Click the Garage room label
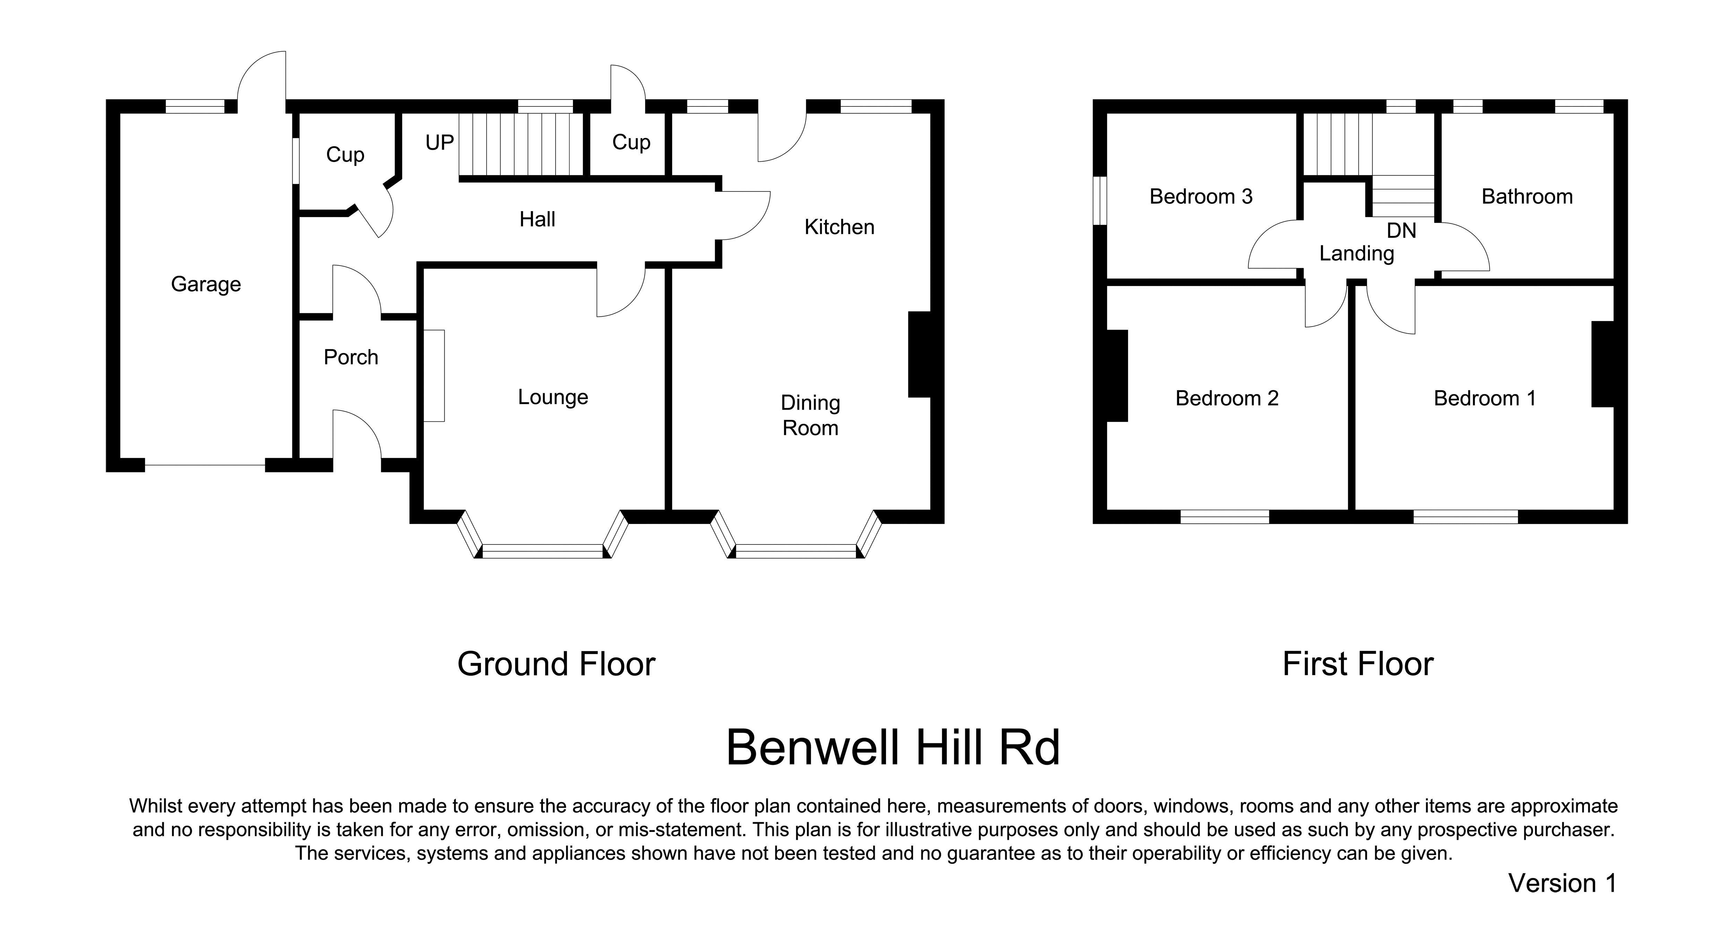coord(206,284)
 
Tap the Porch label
coord(351,357)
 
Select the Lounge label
coord(553,397)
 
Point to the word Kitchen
coord(839,227)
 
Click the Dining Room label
coord(810,415)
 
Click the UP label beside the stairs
coord(439,142)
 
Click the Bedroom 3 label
coord(1201,197)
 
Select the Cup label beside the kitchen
coord(632,142)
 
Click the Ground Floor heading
coord(556,664)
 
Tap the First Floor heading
coord(1358,664)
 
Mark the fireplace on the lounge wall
coord(434,376)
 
